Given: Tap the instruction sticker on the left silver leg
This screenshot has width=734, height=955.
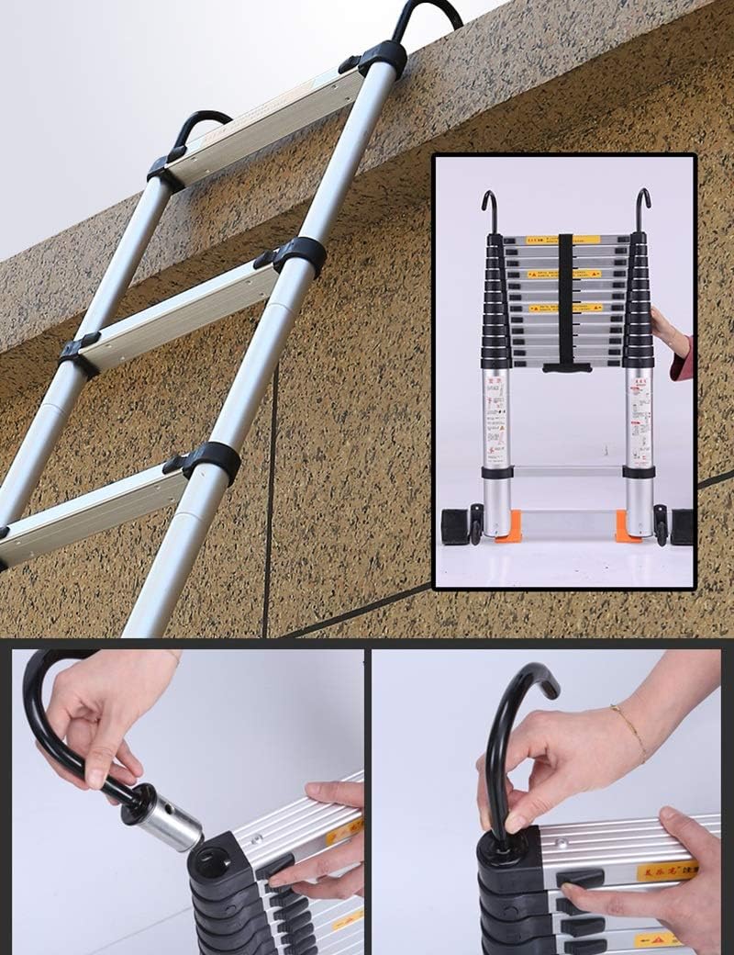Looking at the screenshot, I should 496,418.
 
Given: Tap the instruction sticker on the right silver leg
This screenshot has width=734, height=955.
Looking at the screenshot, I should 639,418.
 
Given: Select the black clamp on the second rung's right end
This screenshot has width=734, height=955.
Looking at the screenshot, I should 298,254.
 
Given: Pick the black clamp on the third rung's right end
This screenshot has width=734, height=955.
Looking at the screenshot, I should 212,460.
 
